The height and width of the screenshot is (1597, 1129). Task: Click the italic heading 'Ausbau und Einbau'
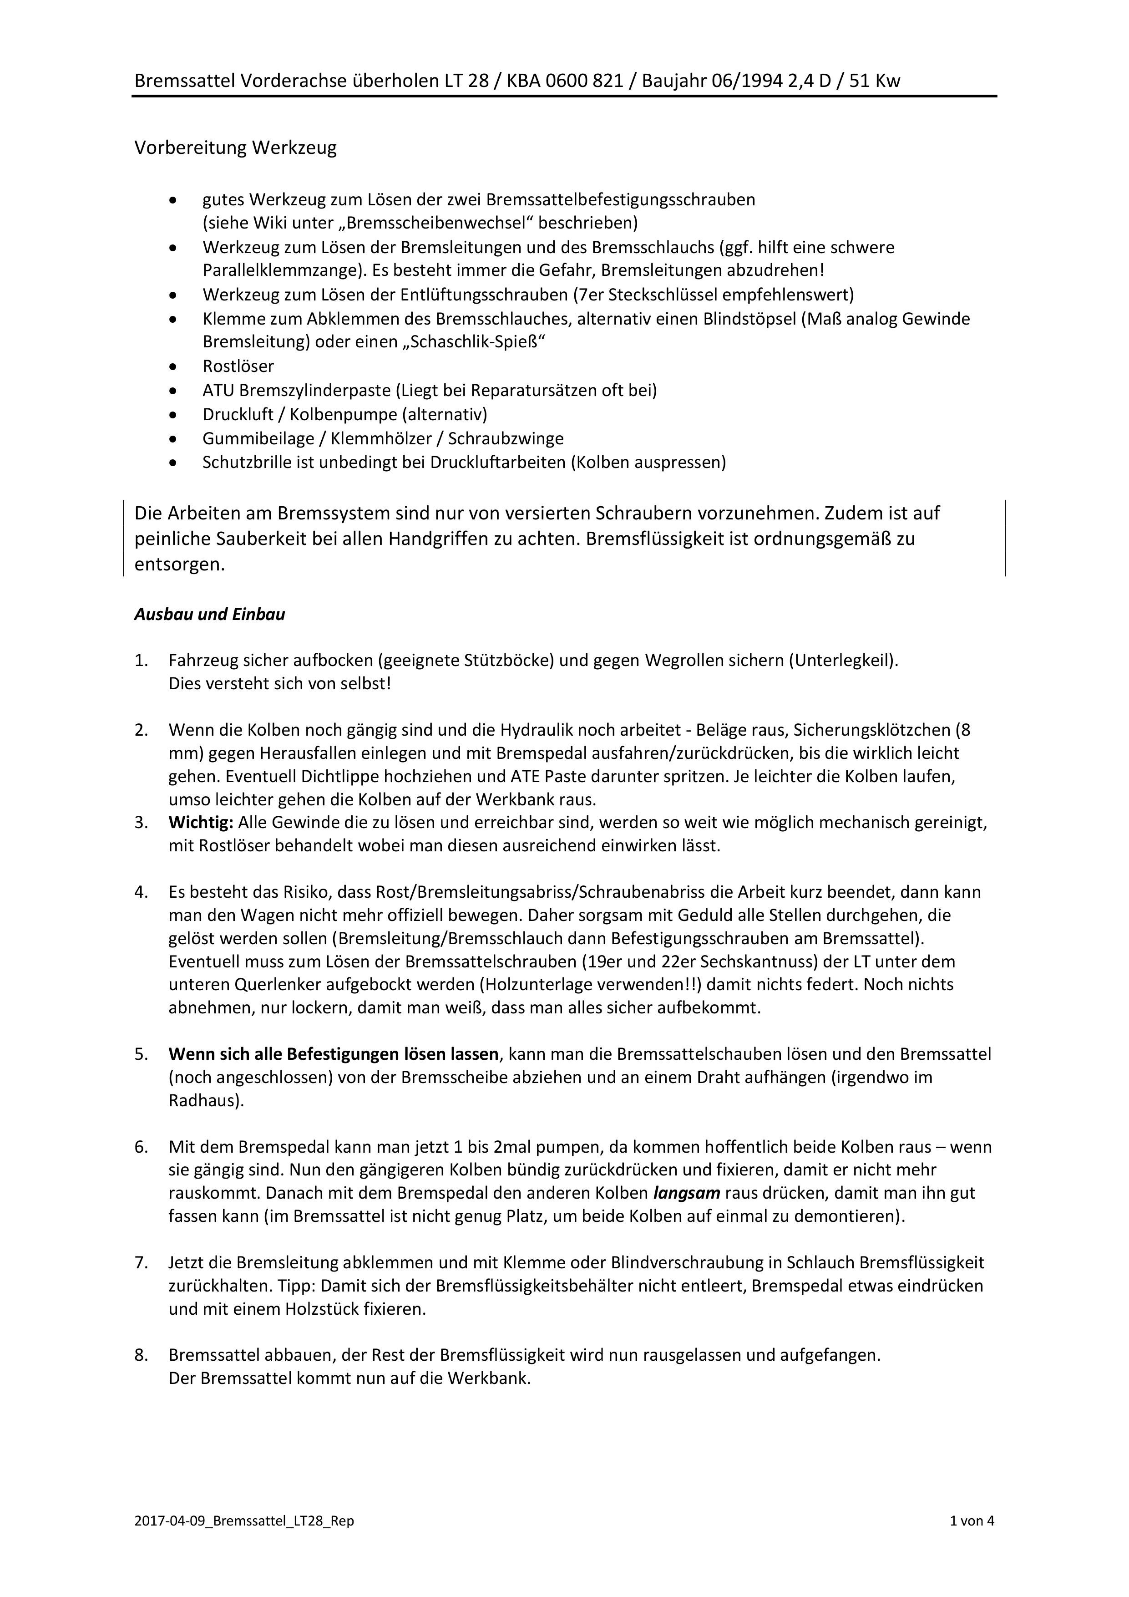click(x=209, y=615)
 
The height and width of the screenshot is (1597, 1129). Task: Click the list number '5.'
click(x=141, y=1054)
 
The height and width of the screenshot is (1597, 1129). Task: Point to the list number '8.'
click(x=141, y=1356)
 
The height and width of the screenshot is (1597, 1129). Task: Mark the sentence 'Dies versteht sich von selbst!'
click(x=279, y=684)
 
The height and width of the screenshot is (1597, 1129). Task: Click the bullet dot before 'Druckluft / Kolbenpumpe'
click(x=173, y=415)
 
